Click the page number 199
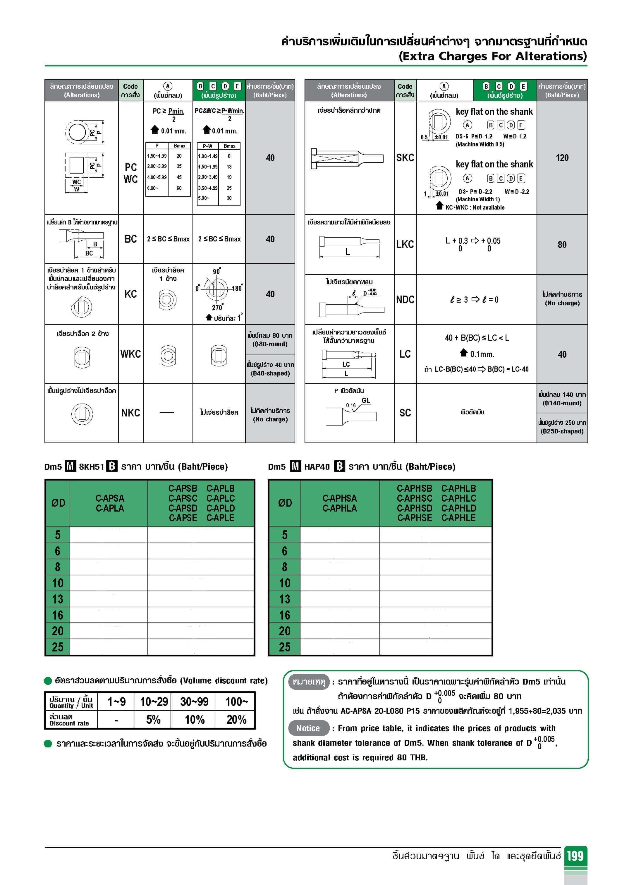575,856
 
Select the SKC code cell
405,158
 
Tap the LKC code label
405,244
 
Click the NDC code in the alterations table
405,299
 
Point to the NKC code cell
131,413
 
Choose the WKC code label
131,354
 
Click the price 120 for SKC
562,158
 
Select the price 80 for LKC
562,244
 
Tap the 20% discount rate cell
236,720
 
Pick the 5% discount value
153,720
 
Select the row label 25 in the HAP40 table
284,647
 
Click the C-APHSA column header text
339,498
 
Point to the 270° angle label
217,308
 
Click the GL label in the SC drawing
365,400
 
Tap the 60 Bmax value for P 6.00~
179,188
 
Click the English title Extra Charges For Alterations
492,56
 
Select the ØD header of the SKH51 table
58,503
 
